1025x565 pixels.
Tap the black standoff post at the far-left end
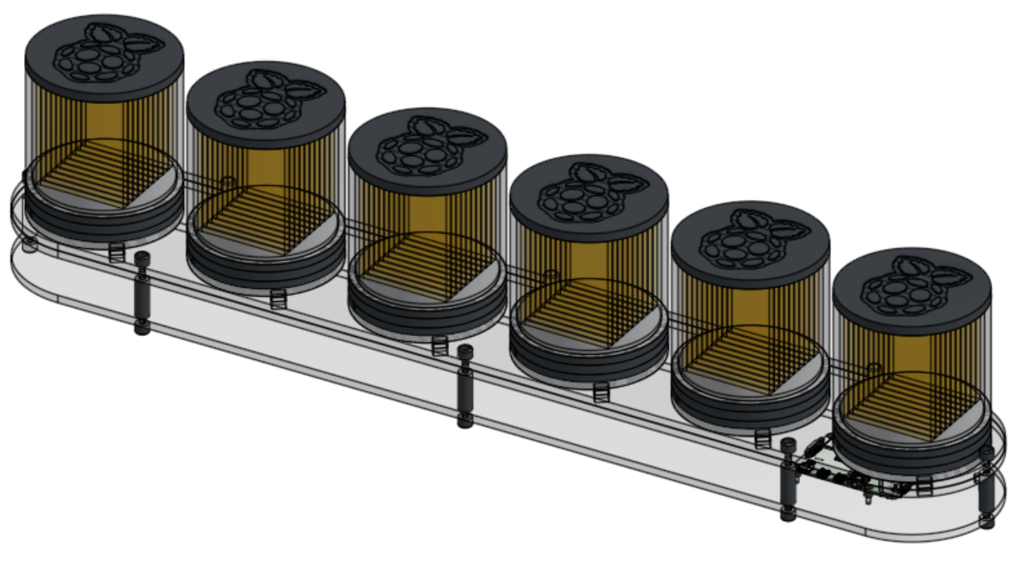tap(142, 294)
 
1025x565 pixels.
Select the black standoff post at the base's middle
tap(465, 387)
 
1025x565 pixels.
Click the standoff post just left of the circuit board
tap(788, 479)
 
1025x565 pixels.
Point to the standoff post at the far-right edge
tap(986, 487)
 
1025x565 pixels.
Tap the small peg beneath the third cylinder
tap(439, 346)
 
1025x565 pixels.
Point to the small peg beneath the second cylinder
tap(278, 299)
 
